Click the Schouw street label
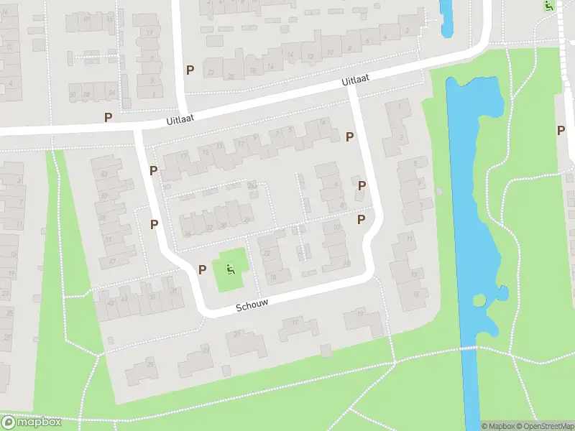coord(252,306)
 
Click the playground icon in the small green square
coord(231,270)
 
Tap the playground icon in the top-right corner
coord(548,6)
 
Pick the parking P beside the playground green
coord(203,270)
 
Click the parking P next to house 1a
coord(362,185)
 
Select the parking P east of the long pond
coord(561,130)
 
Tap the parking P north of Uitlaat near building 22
coord(190,70)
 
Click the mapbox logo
coord(31,422)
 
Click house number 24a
coord(252,186)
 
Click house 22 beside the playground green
coord(267,252)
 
